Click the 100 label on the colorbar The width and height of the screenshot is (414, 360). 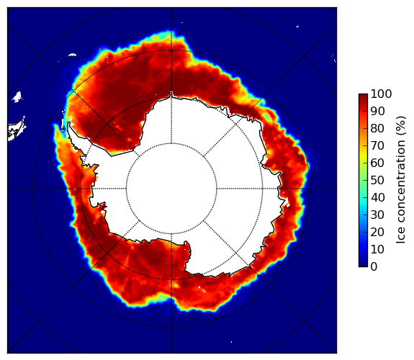[381, 94]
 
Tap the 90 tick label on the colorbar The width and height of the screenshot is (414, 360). [377, 111]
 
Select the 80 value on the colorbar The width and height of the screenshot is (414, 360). [377, 129]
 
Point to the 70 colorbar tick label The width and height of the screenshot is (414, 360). [377, 145]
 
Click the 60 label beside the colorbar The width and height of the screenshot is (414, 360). [377, 163]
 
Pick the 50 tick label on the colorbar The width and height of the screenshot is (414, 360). [377, 181]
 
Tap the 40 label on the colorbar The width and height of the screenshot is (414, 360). [377, 197]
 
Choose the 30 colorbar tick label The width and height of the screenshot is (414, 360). [377, 215]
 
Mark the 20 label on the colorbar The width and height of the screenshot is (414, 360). [377, 232]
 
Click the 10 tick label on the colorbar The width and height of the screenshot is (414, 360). [377, 249]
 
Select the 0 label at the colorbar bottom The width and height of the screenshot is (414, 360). [374, 267]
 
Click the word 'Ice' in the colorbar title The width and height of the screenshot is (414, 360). [400, 238]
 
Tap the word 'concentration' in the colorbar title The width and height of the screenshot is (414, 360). [400, 184]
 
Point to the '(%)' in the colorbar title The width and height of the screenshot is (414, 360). [400, 126]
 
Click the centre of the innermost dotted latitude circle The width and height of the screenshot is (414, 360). [171, 189]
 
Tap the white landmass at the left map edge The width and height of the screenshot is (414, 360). [16, 130]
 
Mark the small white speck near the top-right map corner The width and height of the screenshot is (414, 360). [297, 26]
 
